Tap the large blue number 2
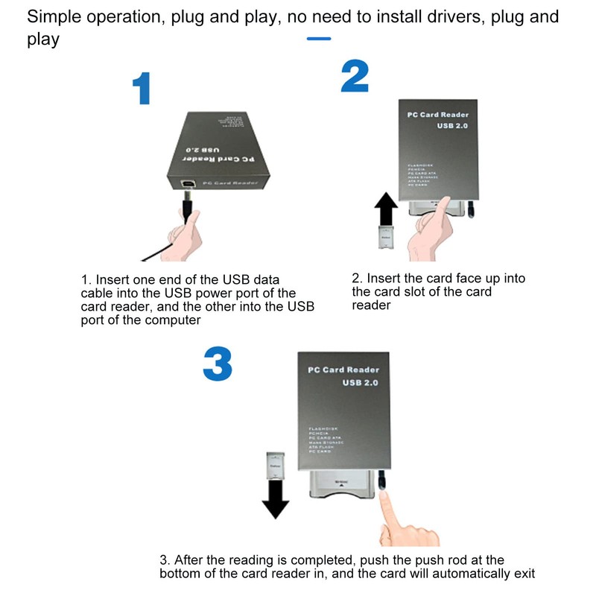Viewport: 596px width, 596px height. point(355,77)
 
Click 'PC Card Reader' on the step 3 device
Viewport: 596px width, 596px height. point(343,370)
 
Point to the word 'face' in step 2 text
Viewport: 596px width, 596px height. point(454,278)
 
